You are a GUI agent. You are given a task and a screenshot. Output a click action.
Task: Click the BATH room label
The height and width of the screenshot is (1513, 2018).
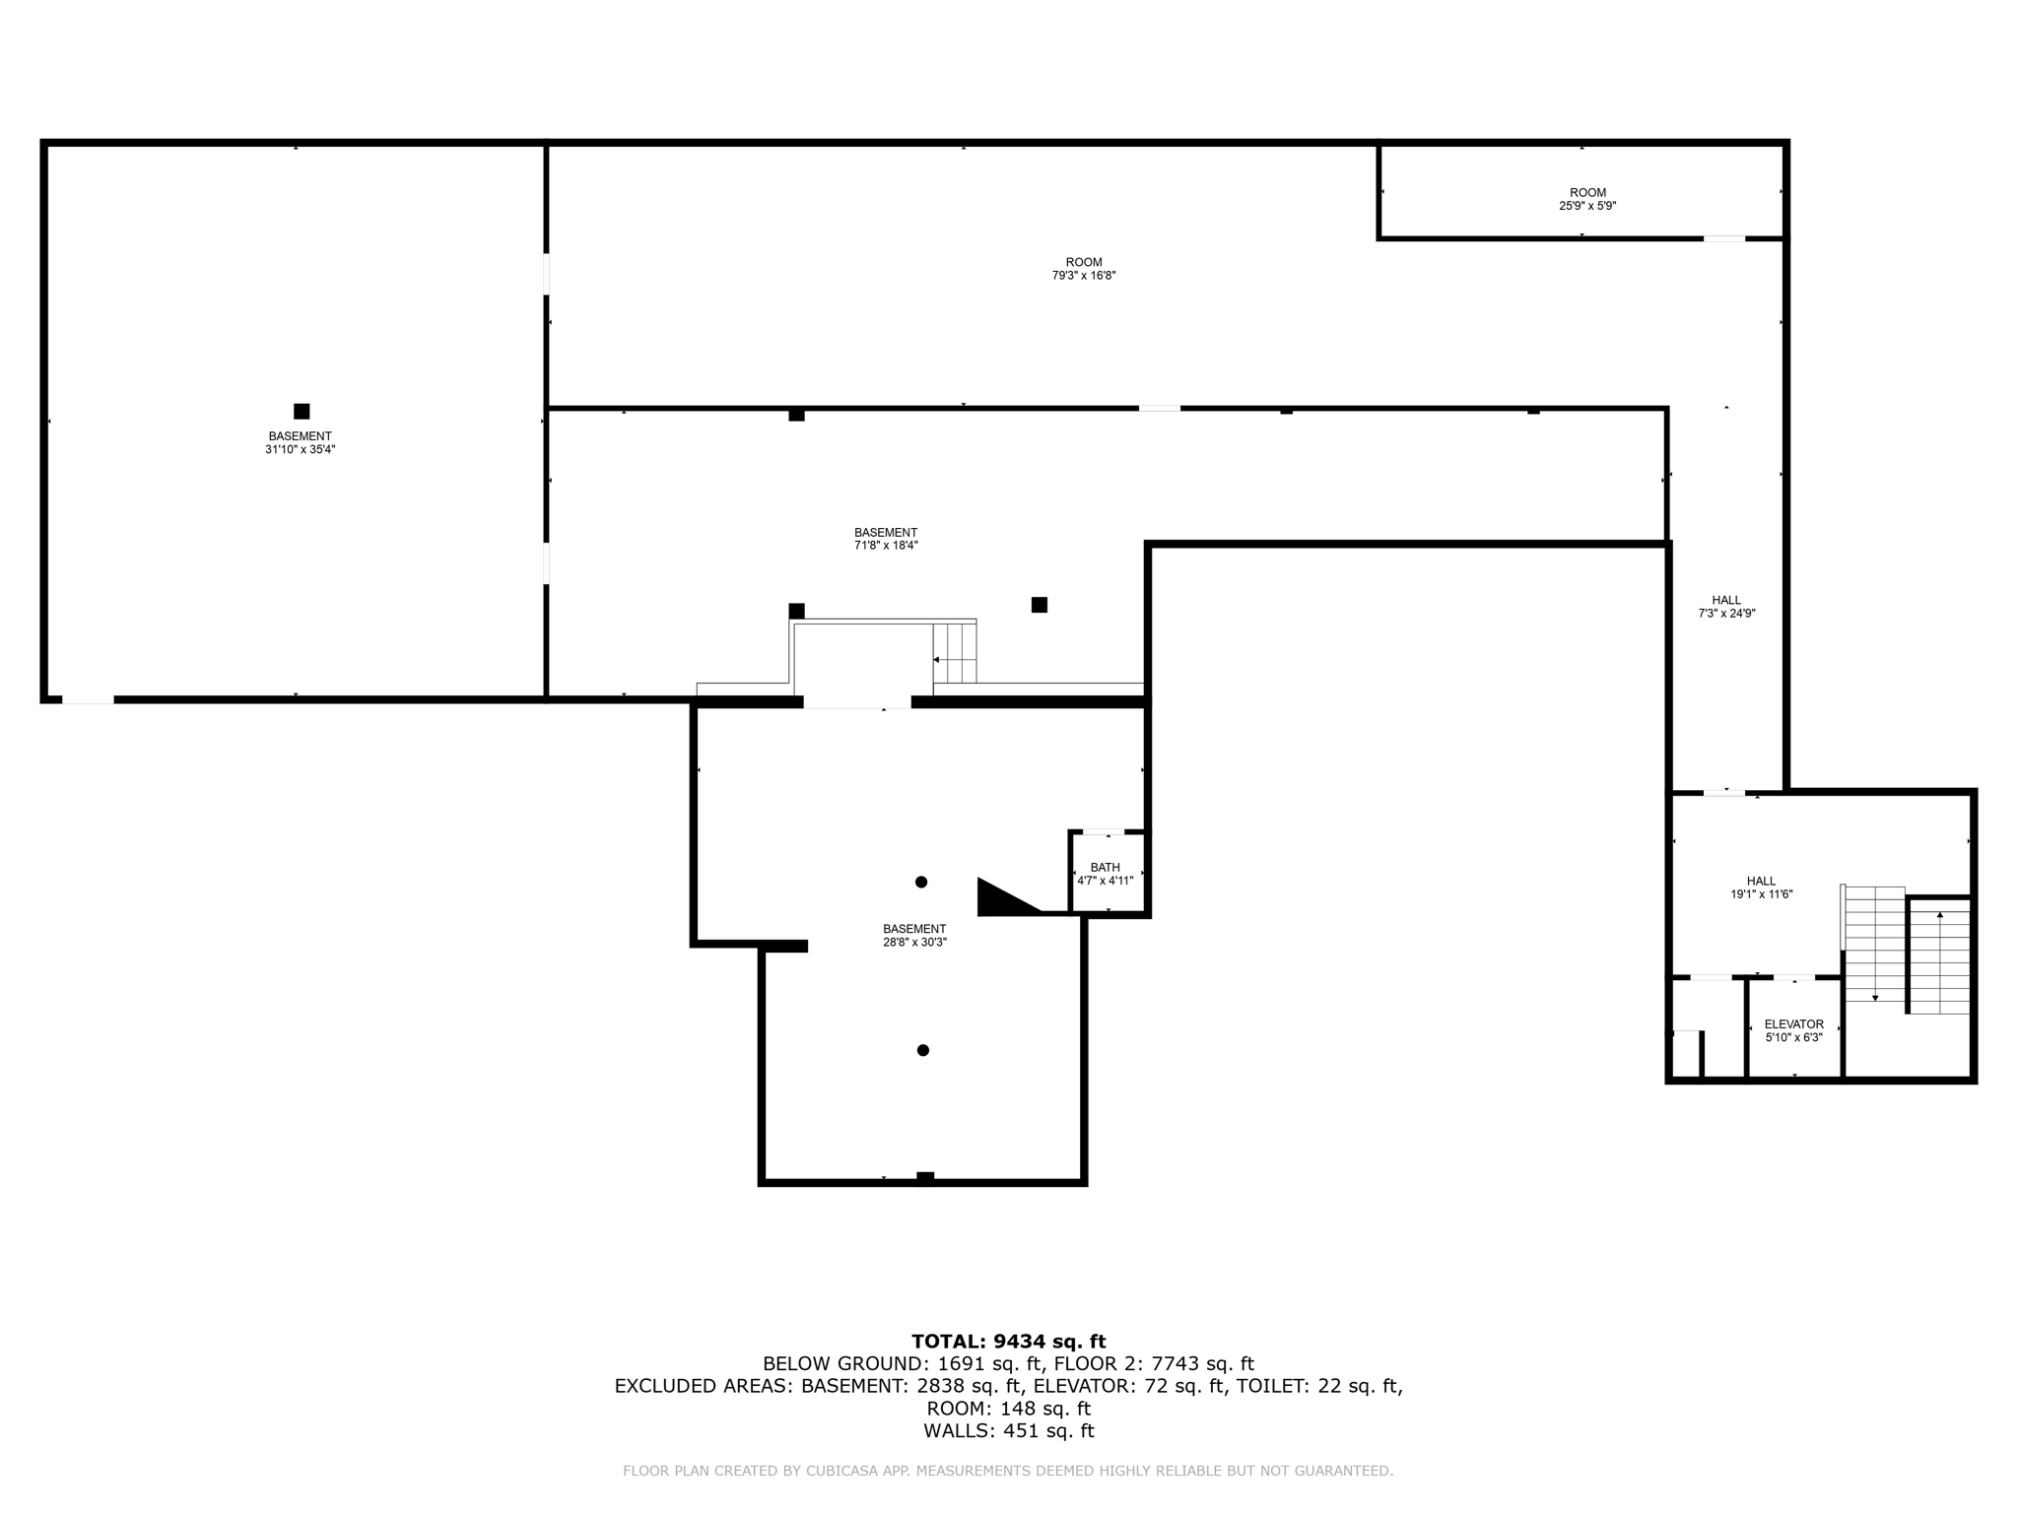(x=1105, y=868)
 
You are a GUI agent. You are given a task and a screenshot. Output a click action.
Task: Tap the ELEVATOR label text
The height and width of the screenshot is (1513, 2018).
(x=1793, y=1024)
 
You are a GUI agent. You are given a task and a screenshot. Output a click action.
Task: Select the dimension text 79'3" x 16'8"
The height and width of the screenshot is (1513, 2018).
(x=1083, y=276)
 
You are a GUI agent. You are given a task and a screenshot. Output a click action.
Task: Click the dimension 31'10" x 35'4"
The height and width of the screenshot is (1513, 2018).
(x=300, y=449)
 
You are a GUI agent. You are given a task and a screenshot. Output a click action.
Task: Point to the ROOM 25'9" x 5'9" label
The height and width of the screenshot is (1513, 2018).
(x=1586, y=199)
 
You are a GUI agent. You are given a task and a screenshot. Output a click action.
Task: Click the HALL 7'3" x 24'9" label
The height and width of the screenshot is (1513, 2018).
(x=1725, y=607)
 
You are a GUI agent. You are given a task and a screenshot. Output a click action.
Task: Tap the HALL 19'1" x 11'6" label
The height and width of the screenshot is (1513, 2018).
(x=1761, y=888)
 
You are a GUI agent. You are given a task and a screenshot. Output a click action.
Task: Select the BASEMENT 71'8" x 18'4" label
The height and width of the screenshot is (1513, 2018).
(x=885, y=539)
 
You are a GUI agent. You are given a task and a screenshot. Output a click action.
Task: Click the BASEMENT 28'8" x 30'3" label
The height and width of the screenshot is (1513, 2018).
(x=913, y=935)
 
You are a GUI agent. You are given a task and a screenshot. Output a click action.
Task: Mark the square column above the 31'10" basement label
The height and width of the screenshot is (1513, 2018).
(x=302, y=412)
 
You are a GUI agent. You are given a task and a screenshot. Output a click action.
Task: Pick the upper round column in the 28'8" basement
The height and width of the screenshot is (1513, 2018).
(x=920, y=882)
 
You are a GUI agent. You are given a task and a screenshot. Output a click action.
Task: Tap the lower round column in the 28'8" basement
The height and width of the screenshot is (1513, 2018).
(x=922, y=1050)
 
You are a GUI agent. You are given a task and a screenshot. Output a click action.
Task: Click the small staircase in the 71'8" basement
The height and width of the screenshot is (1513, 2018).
(x=954, y=653)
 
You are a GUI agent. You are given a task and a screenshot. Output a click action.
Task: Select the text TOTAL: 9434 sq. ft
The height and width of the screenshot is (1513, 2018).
(x=1008, y=1341)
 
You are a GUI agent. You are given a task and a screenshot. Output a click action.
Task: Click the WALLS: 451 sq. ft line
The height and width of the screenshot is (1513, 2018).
(x=1008, y=1430)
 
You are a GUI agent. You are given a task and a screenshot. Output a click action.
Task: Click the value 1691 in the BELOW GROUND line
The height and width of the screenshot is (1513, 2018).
(x=958, y=1363)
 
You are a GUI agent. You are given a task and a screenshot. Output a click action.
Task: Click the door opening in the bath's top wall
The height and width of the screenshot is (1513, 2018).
(x=1103, y=832)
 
